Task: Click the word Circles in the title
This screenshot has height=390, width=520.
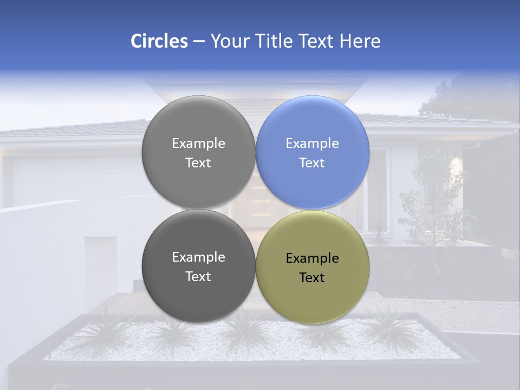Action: pos(159,41)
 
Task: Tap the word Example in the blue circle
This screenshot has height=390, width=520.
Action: pos(313,144)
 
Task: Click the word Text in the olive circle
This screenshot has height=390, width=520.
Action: pos(312,278)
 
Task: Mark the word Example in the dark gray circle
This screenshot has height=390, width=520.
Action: pos(198,257)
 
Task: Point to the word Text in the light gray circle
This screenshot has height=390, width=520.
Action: pos(198,163)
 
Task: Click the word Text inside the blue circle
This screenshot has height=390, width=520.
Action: pos(312,163)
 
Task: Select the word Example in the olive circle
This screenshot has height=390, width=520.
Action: pos(313,258)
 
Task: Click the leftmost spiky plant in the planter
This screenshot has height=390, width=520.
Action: pos(106,330)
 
